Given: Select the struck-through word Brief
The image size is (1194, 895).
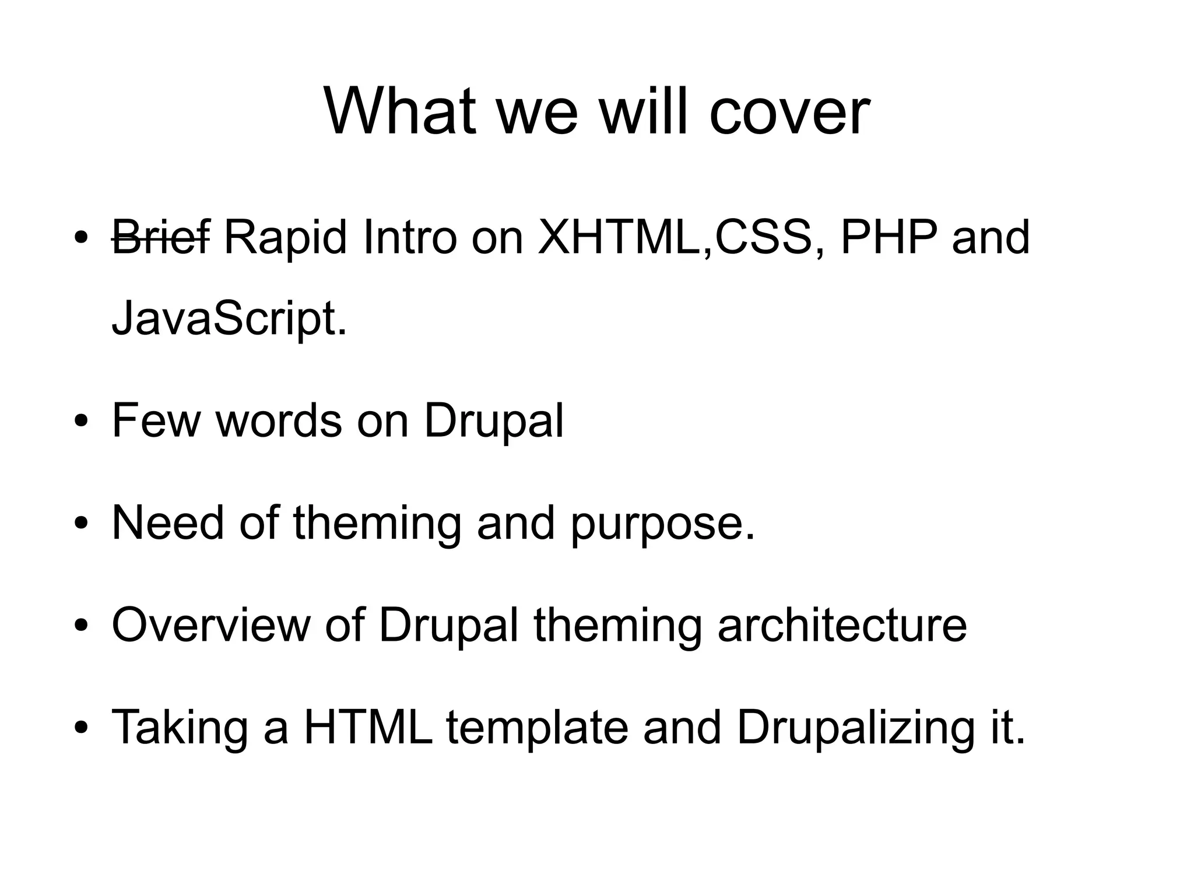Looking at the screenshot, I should (x=160, y=237).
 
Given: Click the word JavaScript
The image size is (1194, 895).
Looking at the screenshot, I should (x=229, y=320).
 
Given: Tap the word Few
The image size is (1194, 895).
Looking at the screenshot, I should (x=156, y=420).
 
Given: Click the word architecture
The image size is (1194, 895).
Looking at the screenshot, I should (x=842, y=625).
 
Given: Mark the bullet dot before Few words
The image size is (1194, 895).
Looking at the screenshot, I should (x=82, y=422).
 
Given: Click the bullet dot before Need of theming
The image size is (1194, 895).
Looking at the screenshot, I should (x=82, y=524).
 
